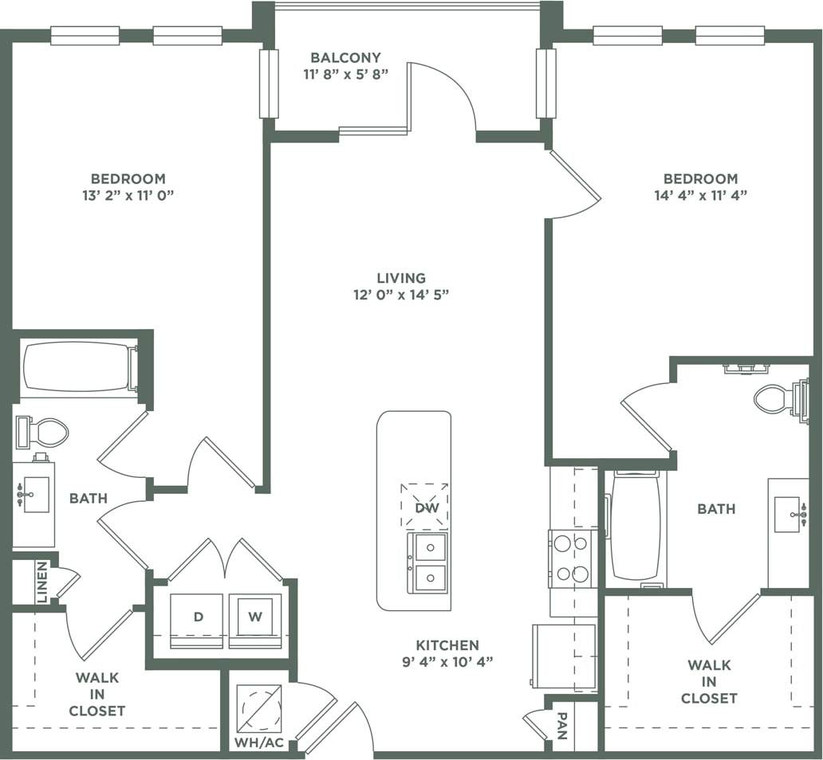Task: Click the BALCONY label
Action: (345, 57)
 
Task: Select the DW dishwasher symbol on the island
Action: (423, 507)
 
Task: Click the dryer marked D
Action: (196, 618)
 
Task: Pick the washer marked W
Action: (255, 618)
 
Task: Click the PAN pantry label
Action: (562, 726)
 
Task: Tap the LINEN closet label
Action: (41, 582)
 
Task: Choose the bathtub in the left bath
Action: (77, 368)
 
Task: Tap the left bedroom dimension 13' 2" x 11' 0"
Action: (128, 195)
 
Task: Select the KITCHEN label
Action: (447, 645)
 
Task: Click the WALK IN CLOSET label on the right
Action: (709, 682)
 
